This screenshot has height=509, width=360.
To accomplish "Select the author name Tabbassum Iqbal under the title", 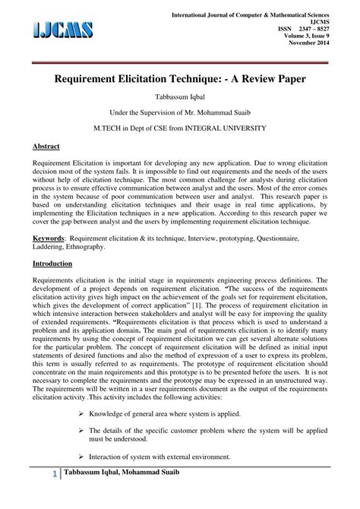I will (180, 96).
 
